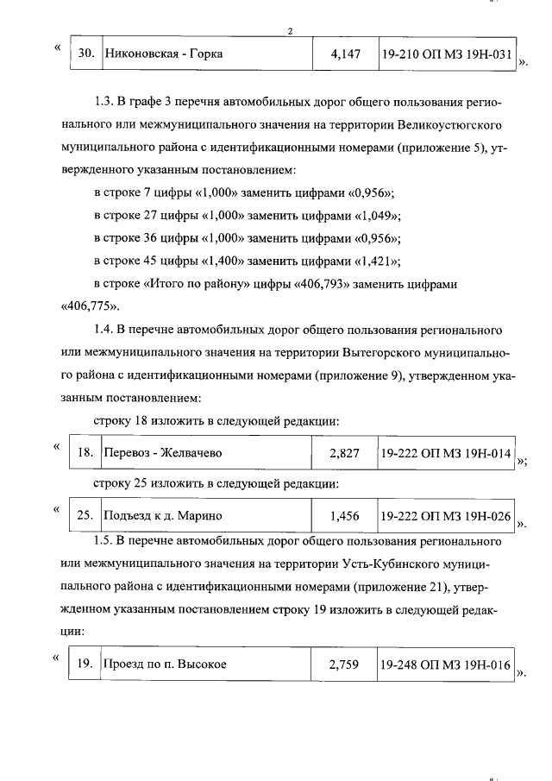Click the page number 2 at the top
click(x=291, y=33)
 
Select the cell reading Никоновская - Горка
click(x=163, y=54)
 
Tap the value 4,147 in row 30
click(x=345, y=54)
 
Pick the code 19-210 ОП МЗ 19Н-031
click(x=447, y=54)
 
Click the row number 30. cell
click(x=85, y=54)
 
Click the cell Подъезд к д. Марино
click(x=163, y=515)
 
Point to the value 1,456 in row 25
click(x=345, y=515)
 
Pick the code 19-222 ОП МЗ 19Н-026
click(x=447, y=515)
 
